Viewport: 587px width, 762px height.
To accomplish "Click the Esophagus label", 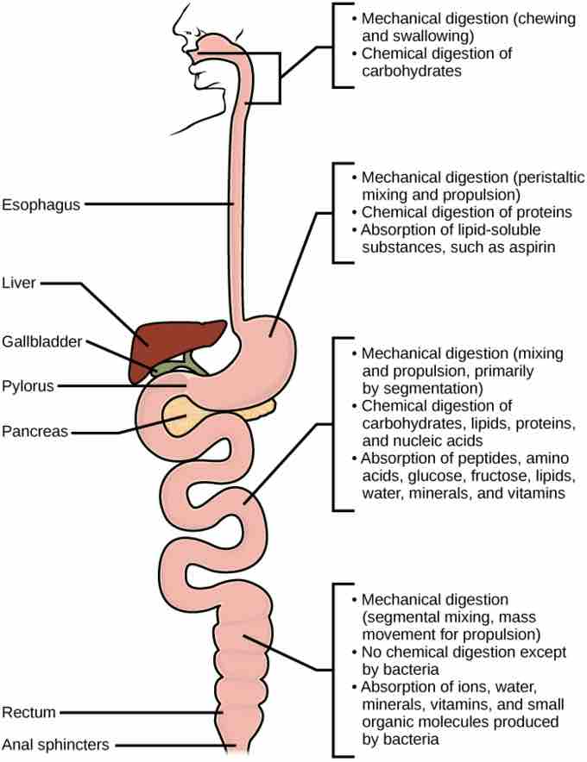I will pos(41,204).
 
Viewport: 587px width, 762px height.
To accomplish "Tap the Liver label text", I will pos(19,282).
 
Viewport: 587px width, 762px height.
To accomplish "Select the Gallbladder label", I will pos(41,342).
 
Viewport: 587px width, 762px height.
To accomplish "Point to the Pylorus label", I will pos(27,386).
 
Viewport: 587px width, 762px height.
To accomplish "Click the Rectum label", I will pos(28,712).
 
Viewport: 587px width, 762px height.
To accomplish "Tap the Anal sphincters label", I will pos(53,744).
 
